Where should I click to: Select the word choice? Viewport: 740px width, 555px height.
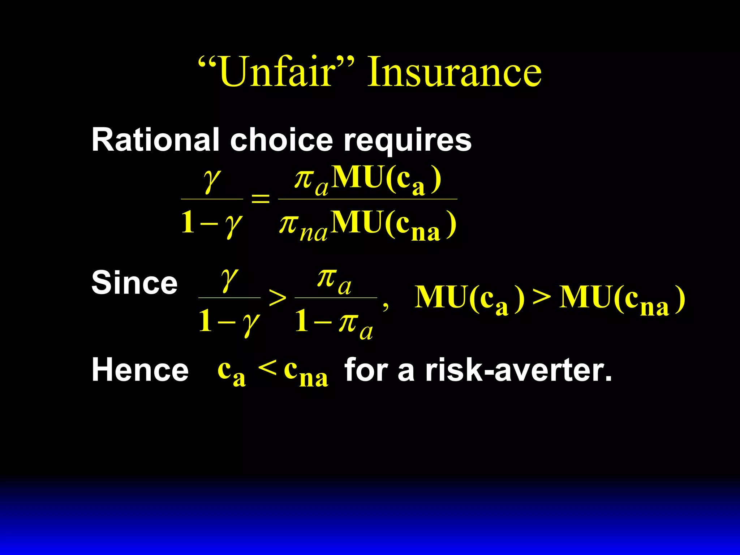[281, 140]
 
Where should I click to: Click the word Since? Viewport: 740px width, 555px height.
[134, 283]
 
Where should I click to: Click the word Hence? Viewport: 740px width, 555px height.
[140, 370]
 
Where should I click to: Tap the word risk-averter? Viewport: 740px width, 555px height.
[519, 370]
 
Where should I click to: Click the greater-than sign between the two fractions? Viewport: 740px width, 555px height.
[277, 298]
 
